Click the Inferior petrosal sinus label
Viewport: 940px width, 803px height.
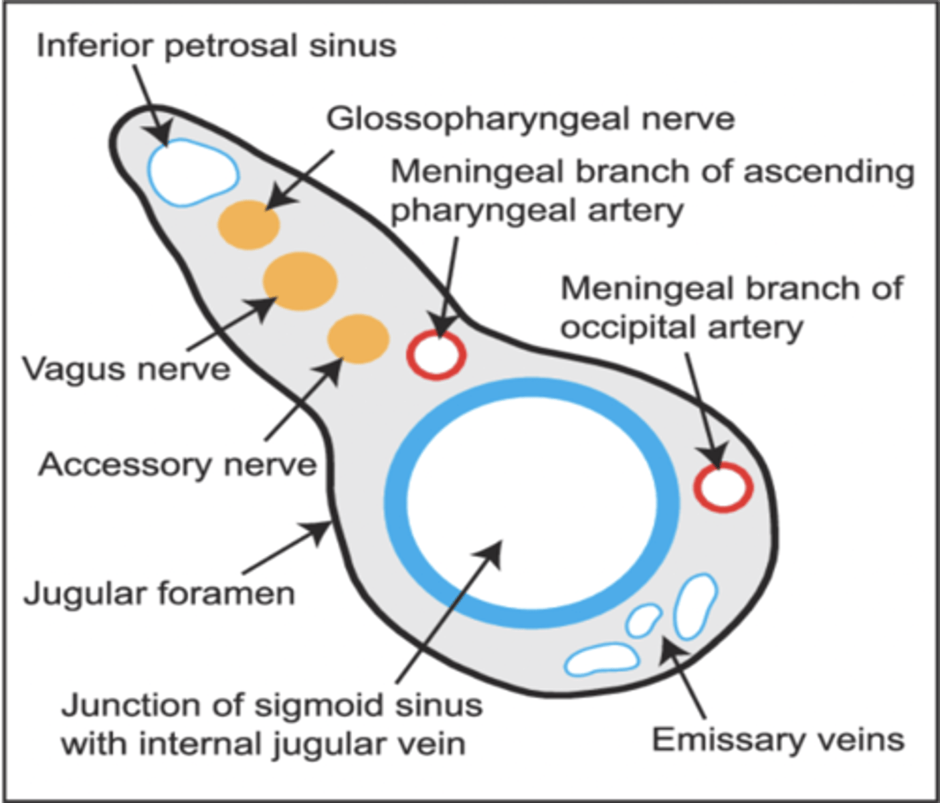pyautogui.click(x=216, y=46)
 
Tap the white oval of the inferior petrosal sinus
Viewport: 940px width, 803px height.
pyautogui.click(x=193, y=172)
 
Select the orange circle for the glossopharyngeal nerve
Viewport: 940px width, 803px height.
pyautogui.click(x=248, y=225)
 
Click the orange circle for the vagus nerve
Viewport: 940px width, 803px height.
pyautogui.click(x=300, y=281)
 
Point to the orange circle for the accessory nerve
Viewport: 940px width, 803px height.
pyautogui.click(x=358, y=339)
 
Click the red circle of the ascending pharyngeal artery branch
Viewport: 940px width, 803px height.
pyautogui.click(x=436, y=355)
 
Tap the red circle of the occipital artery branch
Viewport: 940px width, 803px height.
pyautogui.click(x=723, y=487)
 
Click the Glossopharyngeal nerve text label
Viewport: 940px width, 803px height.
pyautogui.click(x=530, y=119)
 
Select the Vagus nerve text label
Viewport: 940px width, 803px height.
pyautogui.click(x=126, y=369)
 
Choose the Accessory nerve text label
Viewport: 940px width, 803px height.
pyautogui.click(x=177, y=464)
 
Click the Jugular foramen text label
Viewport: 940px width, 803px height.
pyautogui.click(x=159, y=594)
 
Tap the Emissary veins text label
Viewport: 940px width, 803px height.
pyautogui.click(x=778, y=740)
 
